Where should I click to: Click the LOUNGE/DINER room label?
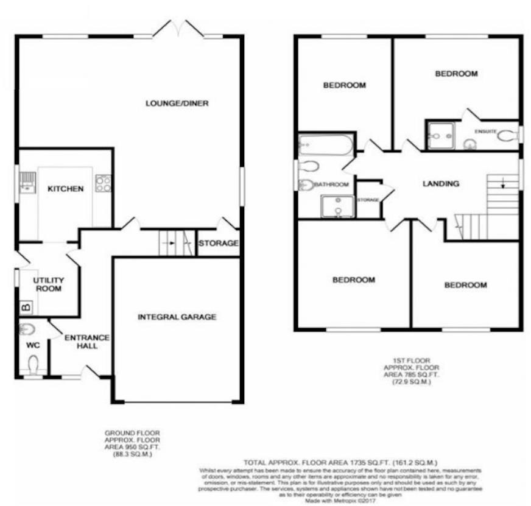pos(177,104)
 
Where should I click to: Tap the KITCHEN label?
pos(66,189)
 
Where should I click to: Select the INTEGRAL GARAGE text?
pos(177,317)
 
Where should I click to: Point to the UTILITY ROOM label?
pos(49,284)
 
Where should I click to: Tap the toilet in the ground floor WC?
pos(33,364)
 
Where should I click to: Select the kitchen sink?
pos(27,181)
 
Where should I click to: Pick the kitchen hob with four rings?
pos(104,183)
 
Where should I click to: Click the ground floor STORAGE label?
pos(218,244)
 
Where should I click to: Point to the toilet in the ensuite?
pos(507,136)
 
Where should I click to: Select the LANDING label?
pos(441,183)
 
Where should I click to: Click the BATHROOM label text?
pos(334,184)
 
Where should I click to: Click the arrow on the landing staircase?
pos(502,183)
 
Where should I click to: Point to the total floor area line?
pos(340,463)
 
